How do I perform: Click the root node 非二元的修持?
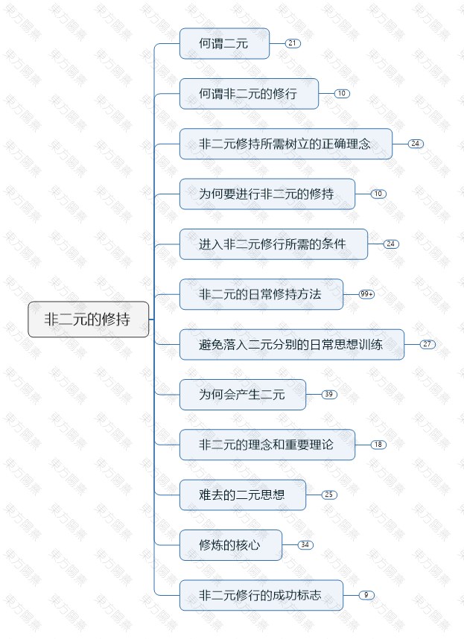(x=88, y=319)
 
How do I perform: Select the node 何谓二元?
(x=224, y=44)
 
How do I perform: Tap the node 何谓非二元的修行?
(x=249, y=94)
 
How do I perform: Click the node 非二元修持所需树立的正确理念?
(x=285, y=144)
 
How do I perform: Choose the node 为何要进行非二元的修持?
(x=267, y=194)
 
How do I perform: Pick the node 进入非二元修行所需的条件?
(x=273, y=244)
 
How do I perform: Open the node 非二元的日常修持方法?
(x=261, y=294)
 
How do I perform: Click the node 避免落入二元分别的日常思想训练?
(x=291, y=345)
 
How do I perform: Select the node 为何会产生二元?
(x=242, y=395)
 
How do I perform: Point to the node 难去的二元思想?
(x=242, y=495)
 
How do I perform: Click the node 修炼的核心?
(x=230, y=545)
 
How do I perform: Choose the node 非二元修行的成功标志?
(x=261, y=595)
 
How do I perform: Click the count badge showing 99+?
(x=366, y=294)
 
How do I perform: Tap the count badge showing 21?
(x=293, y=44)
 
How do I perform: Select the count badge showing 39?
(x=329, y=395)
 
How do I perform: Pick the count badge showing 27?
(x=428, y=345)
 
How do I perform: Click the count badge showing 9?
(x=366, y=595)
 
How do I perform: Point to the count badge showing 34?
(x=305, y=545)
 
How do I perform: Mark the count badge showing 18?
(x=378, y=445)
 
